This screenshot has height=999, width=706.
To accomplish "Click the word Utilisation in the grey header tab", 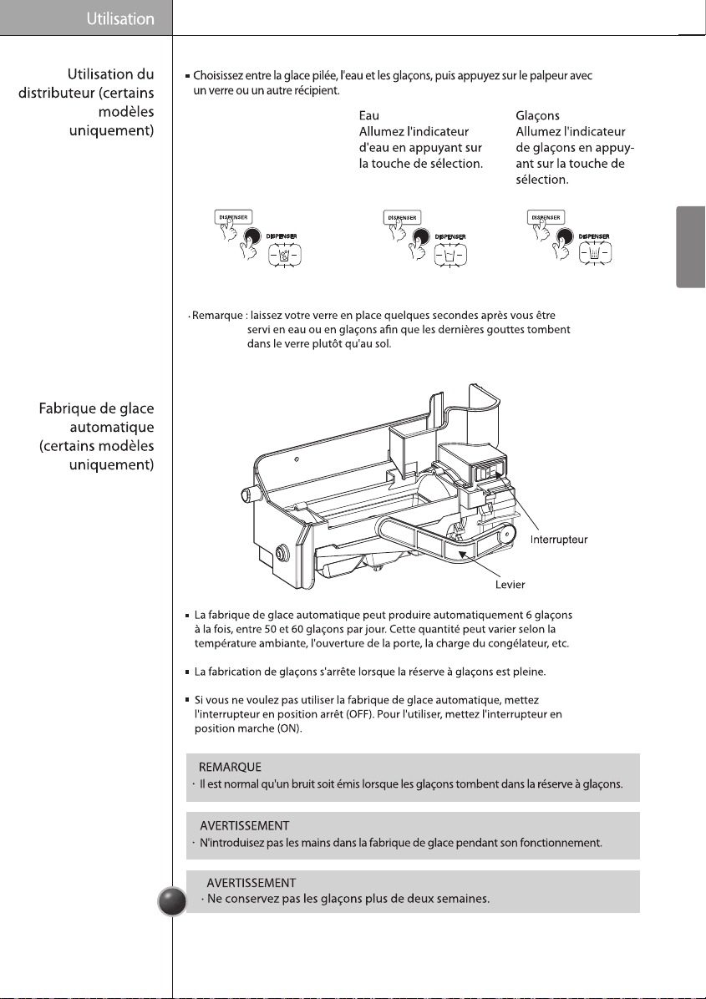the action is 120,19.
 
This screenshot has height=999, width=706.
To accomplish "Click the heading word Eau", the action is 369,115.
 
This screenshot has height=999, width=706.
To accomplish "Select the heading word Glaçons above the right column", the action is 538,116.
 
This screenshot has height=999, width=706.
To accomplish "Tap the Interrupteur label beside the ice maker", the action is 559,540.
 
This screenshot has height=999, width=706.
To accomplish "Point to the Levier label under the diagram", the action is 510,584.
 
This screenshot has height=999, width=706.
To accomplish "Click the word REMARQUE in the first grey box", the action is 230,767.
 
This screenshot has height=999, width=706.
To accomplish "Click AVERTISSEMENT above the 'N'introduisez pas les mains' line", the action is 245,826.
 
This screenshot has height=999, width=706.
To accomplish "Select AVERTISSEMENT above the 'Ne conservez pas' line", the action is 251,883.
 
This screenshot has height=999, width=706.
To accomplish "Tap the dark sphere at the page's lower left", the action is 172,901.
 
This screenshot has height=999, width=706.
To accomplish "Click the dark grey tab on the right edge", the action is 691,246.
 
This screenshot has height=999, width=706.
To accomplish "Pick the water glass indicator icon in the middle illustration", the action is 450,256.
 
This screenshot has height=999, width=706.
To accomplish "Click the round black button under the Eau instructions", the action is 420,237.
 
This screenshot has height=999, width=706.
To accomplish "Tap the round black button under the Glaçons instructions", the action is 565,237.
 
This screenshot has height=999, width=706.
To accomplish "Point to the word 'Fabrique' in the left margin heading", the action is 66,408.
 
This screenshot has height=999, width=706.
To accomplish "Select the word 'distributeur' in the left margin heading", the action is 56,93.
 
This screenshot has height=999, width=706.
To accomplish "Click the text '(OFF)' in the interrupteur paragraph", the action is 360,714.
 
